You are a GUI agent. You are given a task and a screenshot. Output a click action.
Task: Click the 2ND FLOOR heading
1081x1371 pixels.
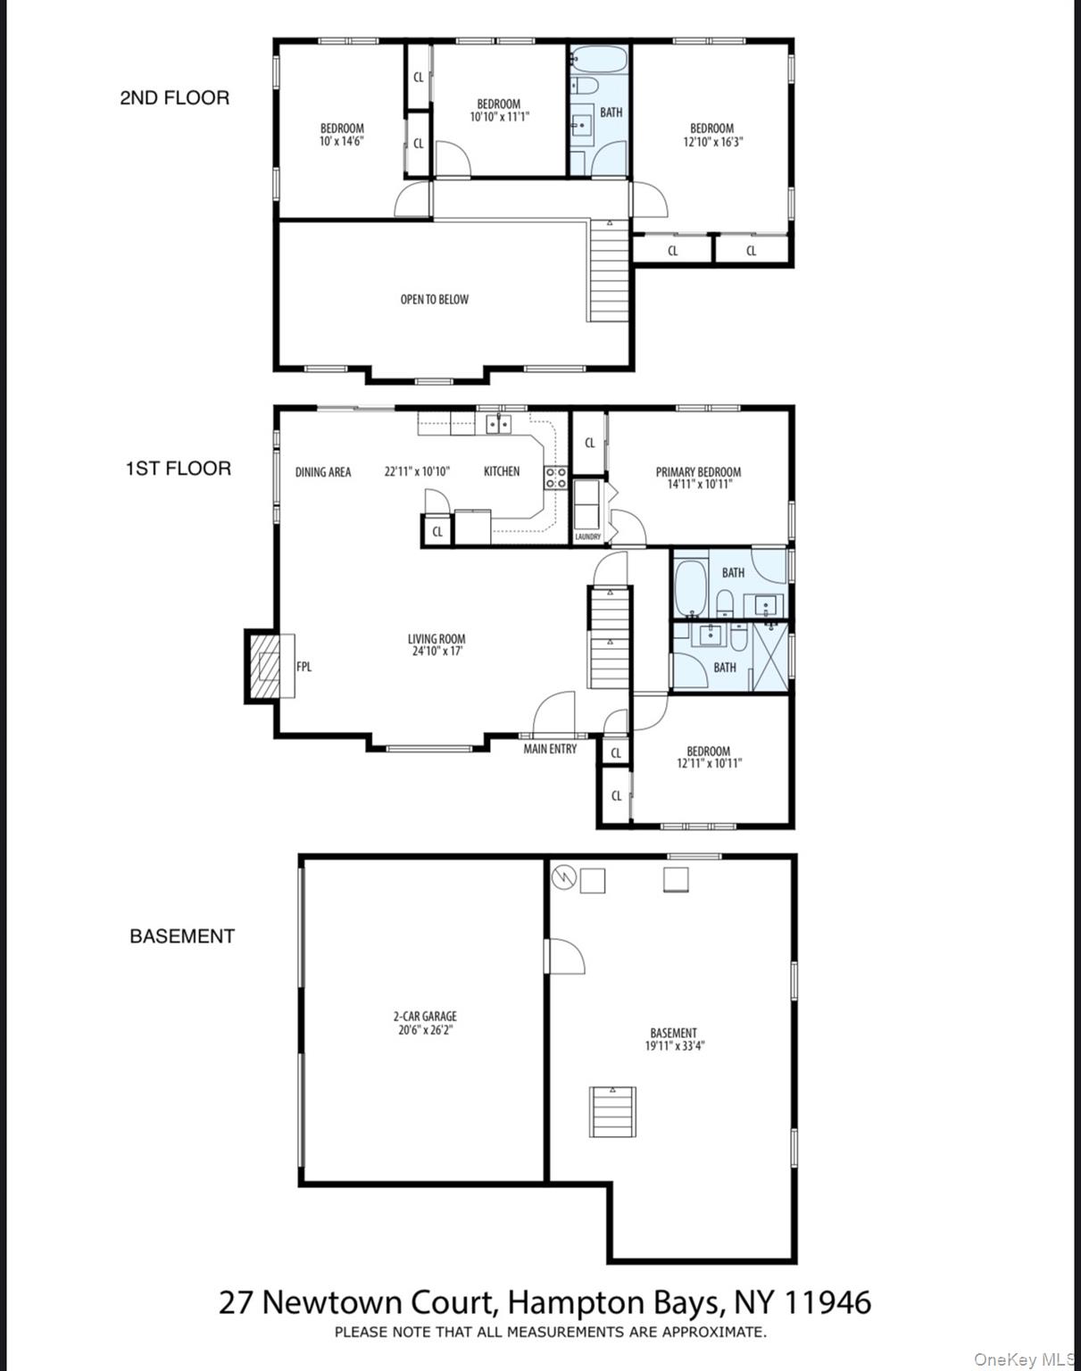click(x=174, y=98)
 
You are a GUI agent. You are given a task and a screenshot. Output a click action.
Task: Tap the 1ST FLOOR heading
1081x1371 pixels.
click(x=178, y=469)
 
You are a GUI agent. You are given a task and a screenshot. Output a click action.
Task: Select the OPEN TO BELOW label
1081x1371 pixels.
click(x=434, y=300)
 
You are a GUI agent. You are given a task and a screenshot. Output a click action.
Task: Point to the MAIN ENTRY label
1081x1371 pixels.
click(x=550, y=749)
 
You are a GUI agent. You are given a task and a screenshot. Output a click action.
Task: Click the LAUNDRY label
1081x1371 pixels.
click(x=587, y=536)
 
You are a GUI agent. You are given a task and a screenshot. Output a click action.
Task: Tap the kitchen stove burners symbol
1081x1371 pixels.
click(x=555, y=478)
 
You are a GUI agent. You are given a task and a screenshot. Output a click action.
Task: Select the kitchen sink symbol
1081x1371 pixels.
click(x=498, y=424)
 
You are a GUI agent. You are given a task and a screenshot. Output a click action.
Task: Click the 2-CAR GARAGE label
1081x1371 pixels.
click(x=425, y=1016)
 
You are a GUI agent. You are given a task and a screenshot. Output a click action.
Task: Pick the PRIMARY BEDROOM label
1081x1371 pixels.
click(x=698, y=472)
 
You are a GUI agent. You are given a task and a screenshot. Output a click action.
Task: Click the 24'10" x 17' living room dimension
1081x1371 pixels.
click(x=437, y=652)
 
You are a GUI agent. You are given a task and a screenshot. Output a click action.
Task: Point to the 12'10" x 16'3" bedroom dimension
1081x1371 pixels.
click(x=712, y=141)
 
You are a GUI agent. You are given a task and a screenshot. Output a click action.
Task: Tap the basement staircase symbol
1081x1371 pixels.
click(x=612, y=1111)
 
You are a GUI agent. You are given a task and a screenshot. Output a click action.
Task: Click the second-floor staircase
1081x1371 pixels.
click(x=610, y=271)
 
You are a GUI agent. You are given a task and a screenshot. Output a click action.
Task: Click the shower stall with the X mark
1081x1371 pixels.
click(x=771, y=656)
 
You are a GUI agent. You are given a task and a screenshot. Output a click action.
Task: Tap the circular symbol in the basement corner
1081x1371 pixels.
click(x=563, y=878)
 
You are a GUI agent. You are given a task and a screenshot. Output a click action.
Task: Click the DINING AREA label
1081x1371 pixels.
click(x=323, y=472)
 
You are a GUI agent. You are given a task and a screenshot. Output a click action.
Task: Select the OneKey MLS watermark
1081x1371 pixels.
click(x=1024, y=1359)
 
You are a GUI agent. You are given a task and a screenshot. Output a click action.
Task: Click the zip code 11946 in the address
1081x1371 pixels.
click(x=827, y=1302)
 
